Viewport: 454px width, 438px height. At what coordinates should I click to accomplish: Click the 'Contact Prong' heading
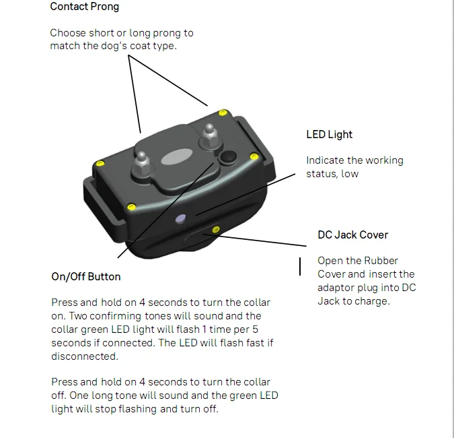(x=84, y=7)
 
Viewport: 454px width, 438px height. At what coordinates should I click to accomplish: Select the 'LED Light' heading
(x=329, y=135)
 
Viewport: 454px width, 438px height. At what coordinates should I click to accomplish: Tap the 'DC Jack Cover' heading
(x=352, y=235)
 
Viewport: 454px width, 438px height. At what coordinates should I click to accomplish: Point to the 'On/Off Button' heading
(x=86, y=276)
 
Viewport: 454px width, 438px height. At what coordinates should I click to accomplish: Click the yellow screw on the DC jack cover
(x=215, y=230)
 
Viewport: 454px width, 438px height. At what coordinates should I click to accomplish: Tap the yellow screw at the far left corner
(x=100, y=162)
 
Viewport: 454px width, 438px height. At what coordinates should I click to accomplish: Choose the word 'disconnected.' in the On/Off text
(x=84, y=356)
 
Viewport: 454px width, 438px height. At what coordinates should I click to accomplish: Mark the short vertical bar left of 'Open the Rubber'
(x=300, y=266)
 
